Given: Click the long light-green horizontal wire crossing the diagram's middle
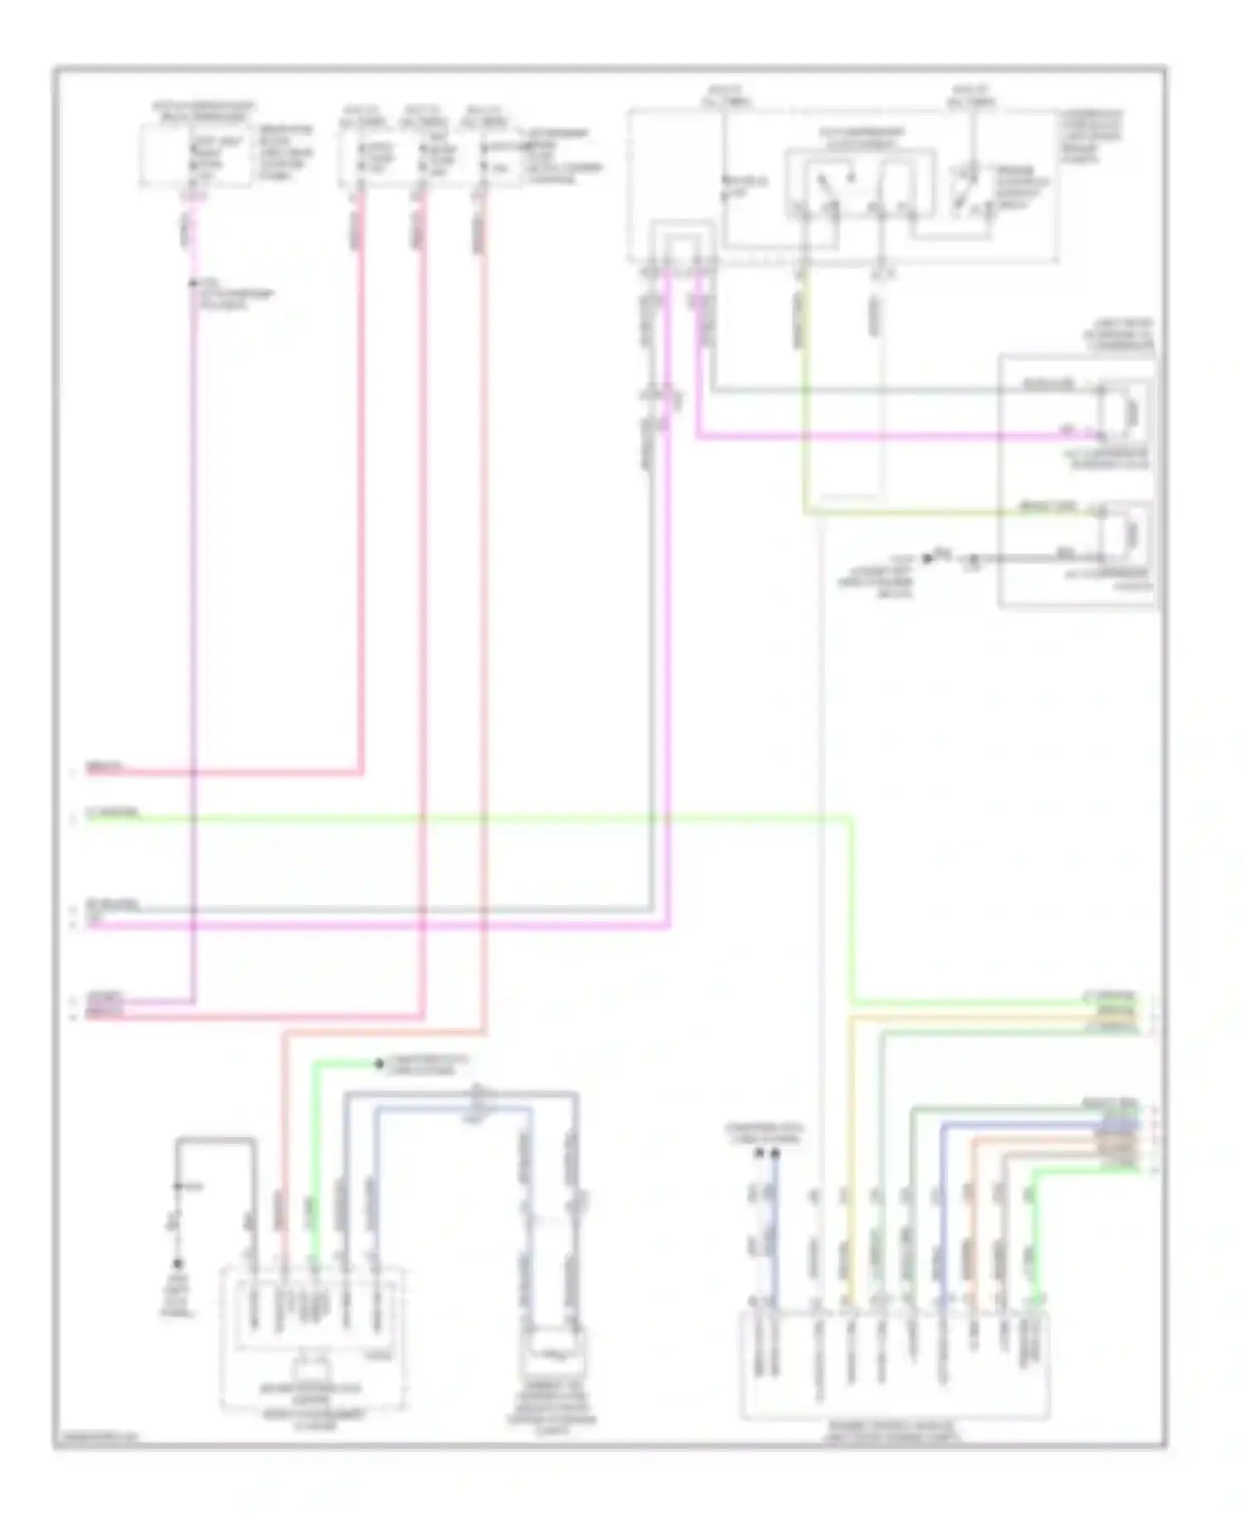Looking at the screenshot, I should click(x=464, y=819).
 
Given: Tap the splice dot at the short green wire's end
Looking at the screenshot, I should click(x=380, y=1063).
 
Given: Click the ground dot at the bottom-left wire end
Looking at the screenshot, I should click(x=177, y=1265).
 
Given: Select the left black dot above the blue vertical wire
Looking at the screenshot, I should click(x=759, y=1153).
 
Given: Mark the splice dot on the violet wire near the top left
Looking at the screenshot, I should click(x=193, y=282).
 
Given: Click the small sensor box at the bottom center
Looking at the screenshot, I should click(x=556, y=1356).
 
